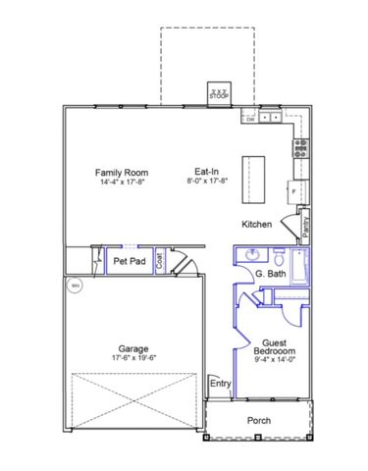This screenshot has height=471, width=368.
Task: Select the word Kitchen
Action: pyautogui.click(x=256, y=225)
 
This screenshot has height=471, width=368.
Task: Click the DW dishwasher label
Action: pyautogui.click(x=250, y=120)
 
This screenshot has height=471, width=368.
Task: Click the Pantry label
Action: pyautogui.click(x=305, y=226)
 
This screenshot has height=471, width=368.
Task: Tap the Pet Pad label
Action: pyautogui.click(x=130, y=262)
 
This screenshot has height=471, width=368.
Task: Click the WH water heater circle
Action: pyautogui.click(x=73, y=287)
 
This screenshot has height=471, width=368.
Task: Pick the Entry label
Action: pyautogui.click(x=221, y=384)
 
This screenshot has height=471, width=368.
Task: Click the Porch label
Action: pyautogui.click(x=259, y=421)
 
